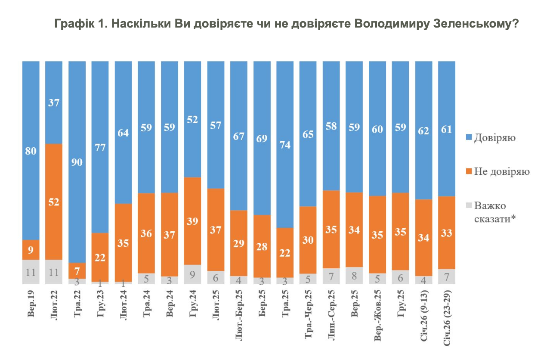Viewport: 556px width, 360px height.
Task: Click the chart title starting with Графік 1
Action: point(286,24)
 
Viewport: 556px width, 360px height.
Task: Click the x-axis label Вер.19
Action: point(31,306)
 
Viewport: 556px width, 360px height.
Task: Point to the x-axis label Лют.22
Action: point(54,306)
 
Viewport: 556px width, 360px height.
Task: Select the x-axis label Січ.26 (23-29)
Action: point(446,316)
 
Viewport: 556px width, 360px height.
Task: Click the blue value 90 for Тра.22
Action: point(77,163)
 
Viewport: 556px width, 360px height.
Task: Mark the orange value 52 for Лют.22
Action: point(54,202)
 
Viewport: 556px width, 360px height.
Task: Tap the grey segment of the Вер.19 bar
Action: point(31,272)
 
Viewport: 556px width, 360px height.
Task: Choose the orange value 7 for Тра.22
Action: point(77,271)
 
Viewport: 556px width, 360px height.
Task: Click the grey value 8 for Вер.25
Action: point(354,276)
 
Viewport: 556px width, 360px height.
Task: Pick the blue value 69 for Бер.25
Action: point(262,139)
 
